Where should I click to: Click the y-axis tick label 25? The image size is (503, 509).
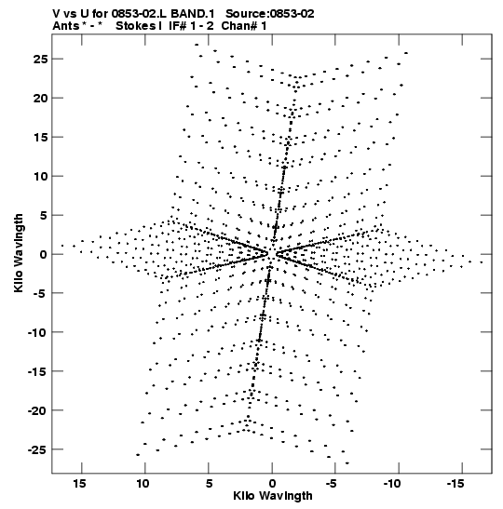[40, 59]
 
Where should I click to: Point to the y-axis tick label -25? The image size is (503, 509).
[37, 449]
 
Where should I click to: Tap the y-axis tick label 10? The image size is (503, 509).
[40, 176]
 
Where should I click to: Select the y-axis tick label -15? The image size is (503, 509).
[37, 371]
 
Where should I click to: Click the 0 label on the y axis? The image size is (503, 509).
[44, 254]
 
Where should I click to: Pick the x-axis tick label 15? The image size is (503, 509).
[79, 484]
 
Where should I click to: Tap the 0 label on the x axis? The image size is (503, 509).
[272, 484]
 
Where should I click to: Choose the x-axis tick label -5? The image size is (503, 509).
[332, 484]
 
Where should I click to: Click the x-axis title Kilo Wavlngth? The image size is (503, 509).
[273, 496]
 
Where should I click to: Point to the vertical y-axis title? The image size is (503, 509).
[19, 253]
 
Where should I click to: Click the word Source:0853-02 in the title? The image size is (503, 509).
[270, 14]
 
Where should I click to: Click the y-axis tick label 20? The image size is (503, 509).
[40, 98]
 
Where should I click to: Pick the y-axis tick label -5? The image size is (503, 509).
[41, 293]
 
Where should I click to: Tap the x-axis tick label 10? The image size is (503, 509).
[143, 484]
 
